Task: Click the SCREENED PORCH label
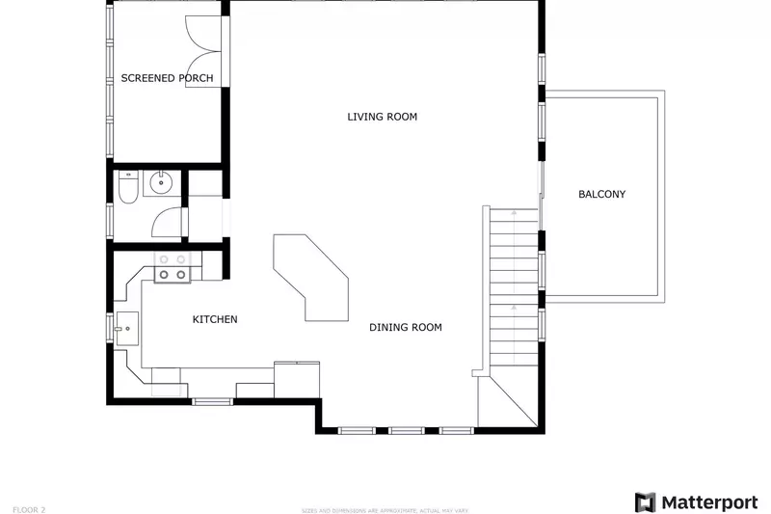[x=167, y=78]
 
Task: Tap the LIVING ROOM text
[x=382, y=117]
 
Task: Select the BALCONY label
[x=601, y=194]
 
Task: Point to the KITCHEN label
[x=215, y=319]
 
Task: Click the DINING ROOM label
[x=406, y=328]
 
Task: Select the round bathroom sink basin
[x=162, y=183]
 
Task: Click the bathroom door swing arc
[x=168, y=223]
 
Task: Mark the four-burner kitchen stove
[x=173, y=267]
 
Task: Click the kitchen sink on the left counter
[x=126, y=329]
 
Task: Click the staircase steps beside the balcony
[x=513, y=289]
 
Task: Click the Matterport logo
[x=696, y=502]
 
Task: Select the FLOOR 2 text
[x=28, y=507]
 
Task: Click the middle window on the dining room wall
[x=406, y=430]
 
